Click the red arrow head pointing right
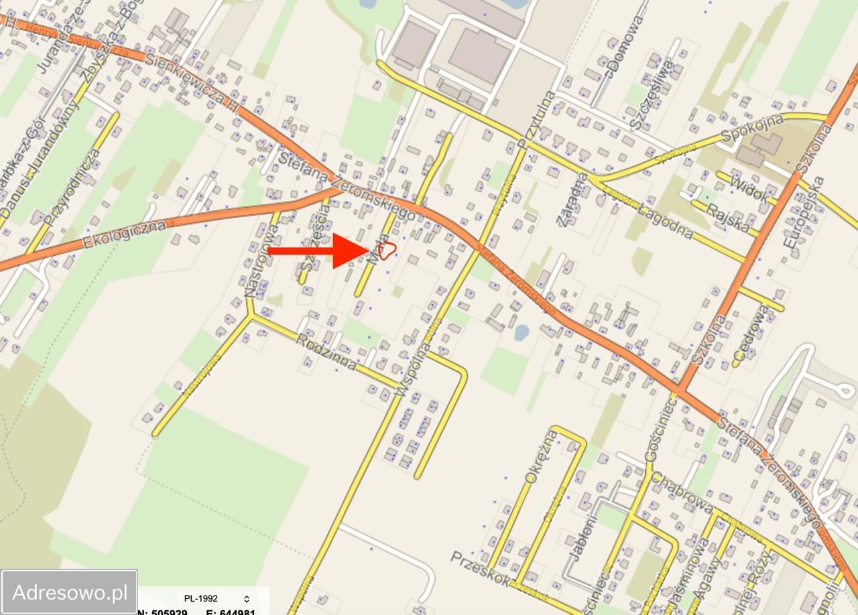click(x=349, y=251)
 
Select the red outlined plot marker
click(x=387, y=251)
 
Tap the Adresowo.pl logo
click(x=70, y=592)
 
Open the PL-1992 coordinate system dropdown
click(x=217, y=598)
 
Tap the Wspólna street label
click(x=414, y=368)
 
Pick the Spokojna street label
click(x=752, y=129)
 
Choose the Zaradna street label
click(x=572, y=200)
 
